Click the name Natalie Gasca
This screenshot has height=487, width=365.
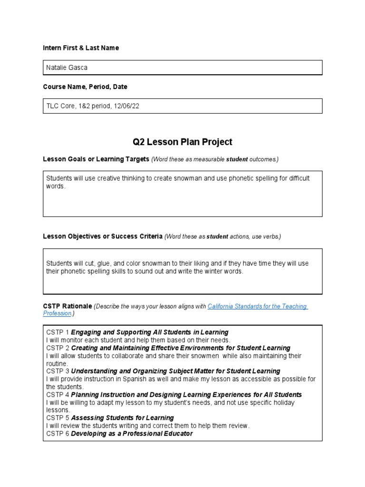[x=67, y=68]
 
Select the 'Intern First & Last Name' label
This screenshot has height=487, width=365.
[x=81, y=48]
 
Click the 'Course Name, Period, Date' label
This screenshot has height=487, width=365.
[x=85, y=87]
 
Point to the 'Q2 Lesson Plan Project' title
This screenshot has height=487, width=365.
[x=182, y=142]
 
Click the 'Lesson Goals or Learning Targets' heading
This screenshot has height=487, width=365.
[x=96, y=159]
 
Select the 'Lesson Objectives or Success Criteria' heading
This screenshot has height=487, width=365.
[x=103, y=236]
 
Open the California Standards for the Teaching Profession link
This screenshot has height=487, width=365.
[x=258, y=306]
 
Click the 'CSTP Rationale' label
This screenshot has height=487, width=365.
[x=67, y=306]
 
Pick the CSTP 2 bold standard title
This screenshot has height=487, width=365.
[x=181, y=348]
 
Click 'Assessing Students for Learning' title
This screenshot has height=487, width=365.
[x=122, y=418]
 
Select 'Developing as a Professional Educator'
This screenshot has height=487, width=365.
[x=132, y=434]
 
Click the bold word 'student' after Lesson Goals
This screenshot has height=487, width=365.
[x=237, y=159]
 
